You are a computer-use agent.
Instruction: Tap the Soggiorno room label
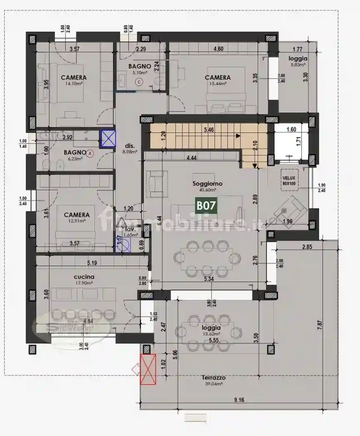click(207, 184)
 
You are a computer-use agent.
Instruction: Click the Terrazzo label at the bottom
click(214, 378)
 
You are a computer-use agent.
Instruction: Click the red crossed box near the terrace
click(148, 369)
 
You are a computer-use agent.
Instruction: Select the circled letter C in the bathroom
click(140, 82)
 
